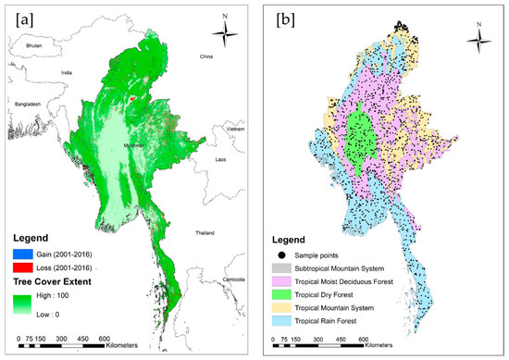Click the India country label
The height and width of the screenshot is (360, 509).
67,70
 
